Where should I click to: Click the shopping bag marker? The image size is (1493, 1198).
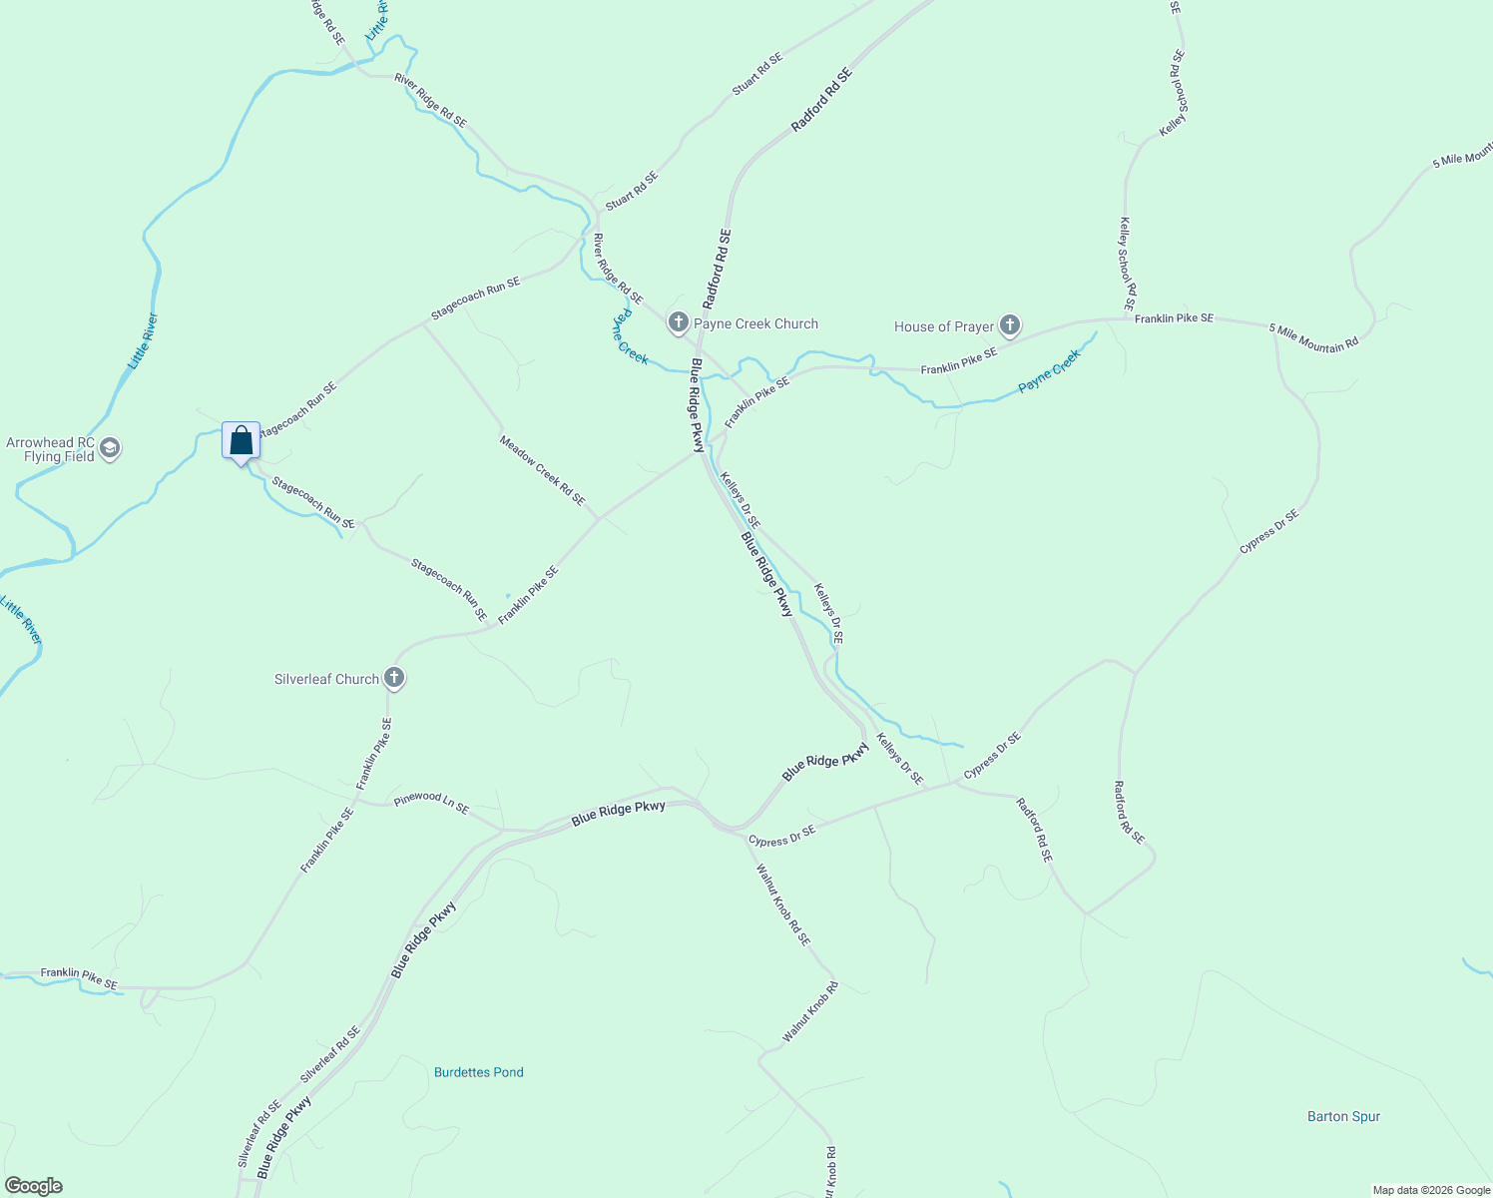point(241,440)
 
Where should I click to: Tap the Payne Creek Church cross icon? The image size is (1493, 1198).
point(679,322)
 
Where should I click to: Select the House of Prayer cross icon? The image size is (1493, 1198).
point(1010,325)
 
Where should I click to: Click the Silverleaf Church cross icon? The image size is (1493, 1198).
point(394,679)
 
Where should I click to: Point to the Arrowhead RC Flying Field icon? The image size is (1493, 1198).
point(111,448)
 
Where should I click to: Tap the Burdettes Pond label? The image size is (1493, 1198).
point(479,1072)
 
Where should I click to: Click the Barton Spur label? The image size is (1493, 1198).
point(1343,1116)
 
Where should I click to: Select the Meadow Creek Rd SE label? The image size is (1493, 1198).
point(542,470)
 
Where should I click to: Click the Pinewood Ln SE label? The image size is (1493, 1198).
point(431,803)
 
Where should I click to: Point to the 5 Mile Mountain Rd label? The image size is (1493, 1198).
point(1313,337)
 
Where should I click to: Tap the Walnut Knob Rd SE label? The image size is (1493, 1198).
point(783,904)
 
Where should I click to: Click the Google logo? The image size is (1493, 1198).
point(33,1186)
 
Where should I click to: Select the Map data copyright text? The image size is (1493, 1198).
point(1430,1190)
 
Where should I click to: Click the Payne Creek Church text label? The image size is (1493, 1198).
point(755,323)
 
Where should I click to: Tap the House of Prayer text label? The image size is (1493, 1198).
point(944,326)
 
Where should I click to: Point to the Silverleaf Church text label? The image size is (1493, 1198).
point(326,679)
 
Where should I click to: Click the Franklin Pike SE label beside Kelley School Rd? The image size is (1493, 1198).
point(1174,318)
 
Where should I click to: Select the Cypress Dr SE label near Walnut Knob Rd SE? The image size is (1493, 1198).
point(781,836)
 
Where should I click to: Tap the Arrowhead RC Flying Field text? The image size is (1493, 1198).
point(50,450)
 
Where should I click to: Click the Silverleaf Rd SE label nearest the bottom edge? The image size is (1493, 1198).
point(259,1134)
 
